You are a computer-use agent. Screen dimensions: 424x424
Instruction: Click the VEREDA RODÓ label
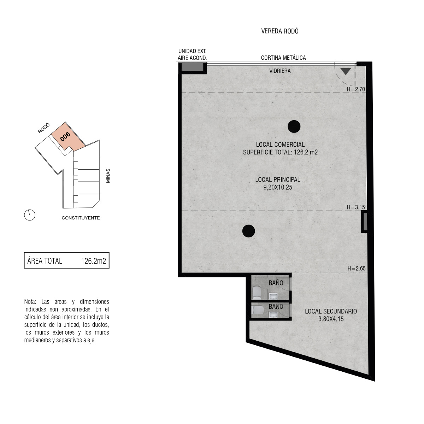279,31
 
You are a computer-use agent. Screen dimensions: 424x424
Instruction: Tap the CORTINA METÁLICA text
283,58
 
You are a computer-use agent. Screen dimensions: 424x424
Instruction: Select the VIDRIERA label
280,71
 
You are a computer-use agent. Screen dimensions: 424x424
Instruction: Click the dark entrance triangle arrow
346,71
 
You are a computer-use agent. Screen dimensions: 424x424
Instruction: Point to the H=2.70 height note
356,89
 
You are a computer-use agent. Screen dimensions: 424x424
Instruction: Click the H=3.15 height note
356,207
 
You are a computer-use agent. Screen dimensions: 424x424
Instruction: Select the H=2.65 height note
357,269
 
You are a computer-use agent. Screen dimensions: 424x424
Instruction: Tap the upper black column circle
294,126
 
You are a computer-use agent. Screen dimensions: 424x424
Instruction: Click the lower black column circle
249,231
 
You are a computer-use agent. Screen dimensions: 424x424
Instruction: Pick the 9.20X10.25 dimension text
278,188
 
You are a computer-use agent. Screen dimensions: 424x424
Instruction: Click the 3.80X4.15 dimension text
331,319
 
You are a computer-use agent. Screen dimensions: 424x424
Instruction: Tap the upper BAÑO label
276,283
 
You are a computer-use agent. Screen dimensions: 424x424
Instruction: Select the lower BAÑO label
276,306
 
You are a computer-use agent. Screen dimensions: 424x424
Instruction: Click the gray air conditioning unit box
192,67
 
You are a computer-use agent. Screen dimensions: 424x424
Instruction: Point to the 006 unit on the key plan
65,137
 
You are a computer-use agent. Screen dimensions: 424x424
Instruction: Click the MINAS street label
108,176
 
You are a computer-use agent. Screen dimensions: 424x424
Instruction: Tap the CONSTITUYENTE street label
81,218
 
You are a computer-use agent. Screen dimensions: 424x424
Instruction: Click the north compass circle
30,215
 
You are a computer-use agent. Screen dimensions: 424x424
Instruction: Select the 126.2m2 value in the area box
94,261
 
